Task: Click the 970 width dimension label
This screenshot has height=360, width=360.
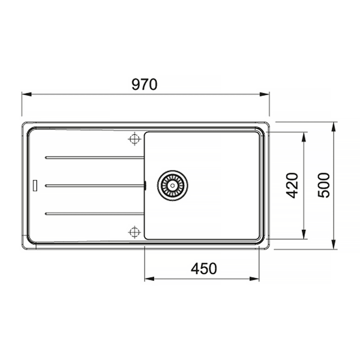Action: pyautogui.click(x=145, y=84)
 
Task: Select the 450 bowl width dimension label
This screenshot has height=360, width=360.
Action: pyautogui.click(x=203, y=269)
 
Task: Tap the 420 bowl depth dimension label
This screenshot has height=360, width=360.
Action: pyautogui.click(x=292, y=185)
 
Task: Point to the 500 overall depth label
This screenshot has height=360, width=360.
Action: pyautogui.click(x=324, y=185)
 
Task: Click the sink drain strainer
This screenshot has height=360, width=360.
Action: pyautogui.click(x=172, y=185)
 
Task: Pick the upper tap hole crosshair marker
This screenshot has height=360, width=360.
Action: pyautogui.click(x=134, y=139)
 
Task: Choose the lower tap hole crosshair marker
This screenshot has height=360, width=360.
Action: pyautogui.click(x=134, y=232)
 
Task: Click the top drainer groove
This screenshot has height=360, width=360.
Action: pyautogui.click(x=95, y=158)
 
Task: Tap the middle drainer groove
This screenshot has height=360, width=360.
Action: pyautogui.click(x=95, y=186)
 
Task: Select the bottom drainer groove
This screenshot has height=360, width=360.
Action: pyautogui.click(x=95, y=214)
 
